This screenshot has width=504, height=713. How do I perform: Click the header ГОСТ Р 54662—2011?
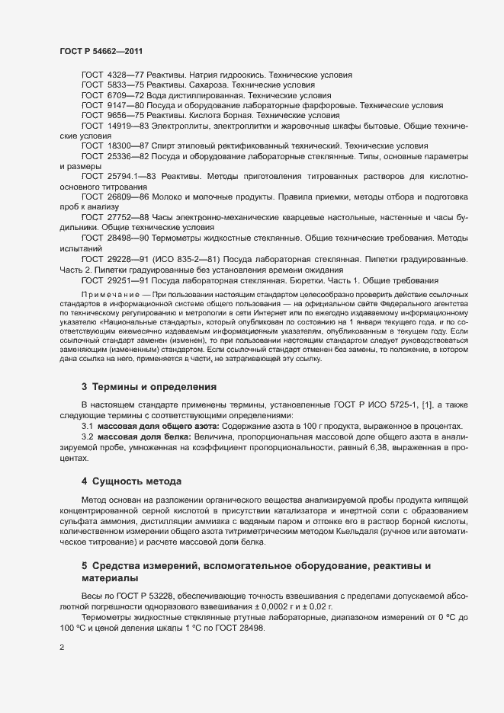[x=100, y=51]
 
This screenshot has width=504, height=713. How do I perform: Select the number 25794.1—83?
[x=131, y=176]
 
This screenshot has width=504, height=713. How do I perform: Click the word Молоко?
[x=167, y=197]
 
